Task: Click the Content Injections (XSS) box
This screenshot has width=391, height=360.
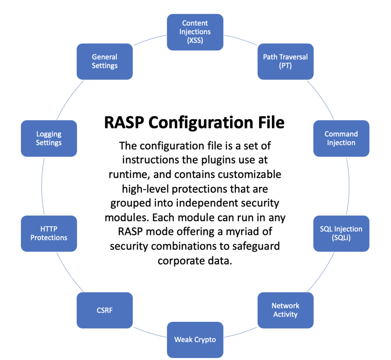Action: click(195, 32)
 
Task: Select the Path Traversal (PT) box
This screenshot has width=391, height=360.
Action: click(286, 62)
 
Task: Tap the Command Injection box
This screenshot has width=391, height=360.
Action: click(341, 138)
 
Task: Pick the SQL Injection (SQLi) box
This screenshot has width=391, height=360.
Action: click(341, 234)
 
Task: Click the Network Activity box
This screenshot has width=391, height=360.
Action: click(286, 310)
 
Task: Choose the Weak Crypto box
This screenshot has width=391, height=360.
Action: click(195, 340)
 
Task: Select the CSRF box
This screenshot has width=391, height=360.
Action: click(105, 310)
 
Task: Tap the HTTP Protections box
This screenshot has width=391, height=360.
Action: click(49, 234)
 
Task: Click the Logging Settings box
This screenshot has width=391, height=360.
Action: click(49, 138)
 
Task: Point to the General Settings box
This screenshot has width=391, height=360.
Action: click(105, 62)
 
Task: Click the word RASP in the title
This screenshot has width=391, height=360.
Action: click(124, 123)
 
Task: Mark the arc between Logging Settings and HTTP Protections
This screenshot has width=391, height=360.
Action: click(42, 186)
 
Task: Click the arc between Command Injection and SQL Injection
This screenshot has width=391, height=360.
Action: click(349, 186)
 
